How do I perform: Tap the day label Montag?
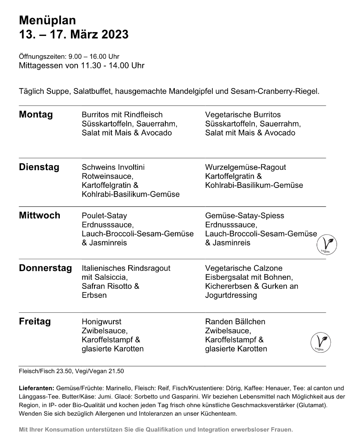(36, 115)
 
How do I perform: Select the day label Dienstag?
(39, 167)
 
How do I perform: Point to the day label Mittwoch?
(40, 215)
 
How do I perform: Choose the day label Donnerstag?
(45, 268)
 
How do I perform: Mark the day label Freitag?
(35, 321)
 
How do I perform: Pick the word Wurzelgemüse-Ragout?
(245, 167)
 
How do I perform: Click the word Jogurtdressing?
(231, 295)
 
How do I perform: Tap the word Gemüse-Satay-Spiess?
(245, 216)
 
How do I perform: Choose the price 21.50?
(115, 371)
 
